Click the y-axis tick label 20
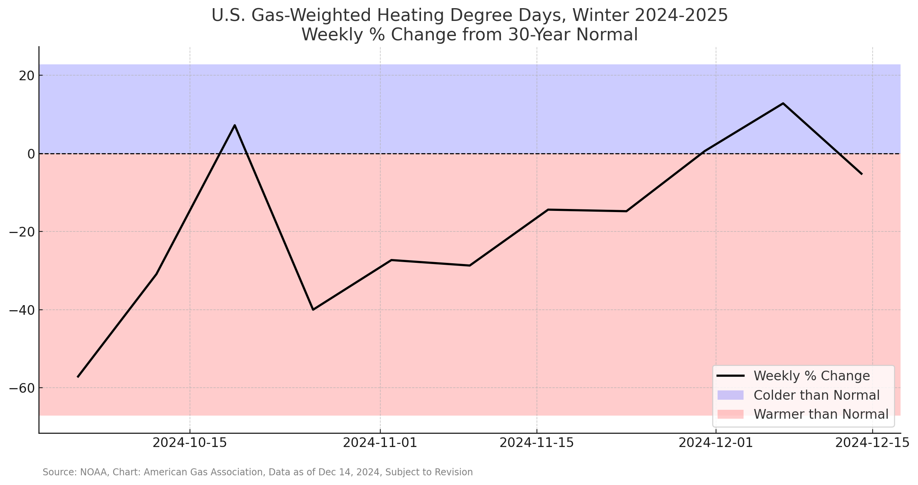pyautogui.click(x=26, y=76)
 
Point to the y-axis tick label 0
pyautogui.click(x=31, y=154)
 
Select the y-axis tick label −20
pyautogui.click(x=22, y=232)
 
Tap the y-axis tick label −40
pyautogui.click(x=22, y=310)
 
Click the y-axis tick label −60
pyautogui.click(x=22, y=388)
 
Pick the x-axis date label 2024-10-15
pyautogui.click(x=190, y=443)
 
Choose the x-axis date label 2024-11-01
pyautogui.click(x=380, y=443)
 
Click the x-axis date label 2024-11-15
pyautogui.click(x=537, y=443)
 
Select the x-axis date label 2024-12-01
pyautogui.click(x=716, y=443)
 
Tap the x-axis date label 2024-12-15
pyautogui.click(x=872, y=443)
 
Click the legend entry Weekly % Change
pyautogui.click(x=811, y=376)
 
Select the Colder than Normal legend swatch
pyautogui.click(x=730, y=395)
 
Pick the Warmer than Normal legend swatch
pyautogui.click(x=730, y=414)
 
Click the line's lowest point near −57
pyautogui.click(x=78, y=377)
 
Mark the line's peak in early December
pyautogui.click(x=783, y=104)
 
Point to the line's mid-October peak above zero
pyautogui.click(x=235, y=125)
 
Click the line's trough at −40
pyautogui.click(x=313, y=310)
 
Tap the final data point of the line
pyautogui.click(x=862, y=174)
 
